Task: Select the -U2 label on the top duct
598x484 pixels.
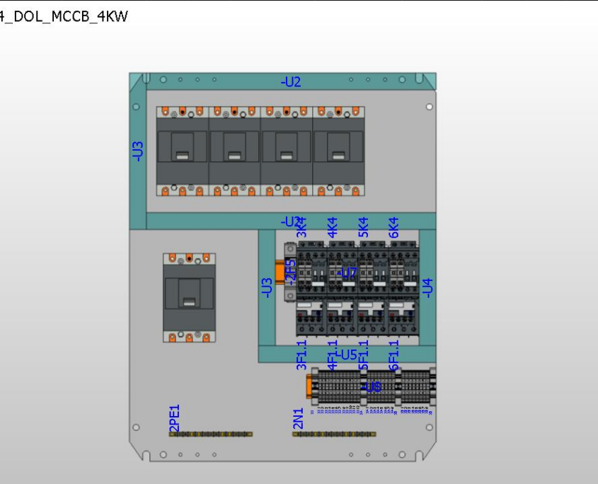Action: click(x=291, y=82)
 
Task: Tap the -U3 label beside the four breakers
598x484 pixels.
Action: click(x=139, y=151)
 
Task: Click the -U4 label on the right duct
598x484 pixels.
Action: click(x=427, y=287)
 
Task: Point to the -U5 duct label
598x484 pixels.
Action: click(x=346, y=355)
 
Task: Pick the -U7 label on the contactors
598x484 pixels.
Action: click(x=347, y=273)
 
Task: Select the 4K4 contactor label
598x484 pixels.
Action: click(x=333, y=226)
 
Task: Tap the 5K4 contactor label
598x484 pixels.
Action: click(x=364, y=226)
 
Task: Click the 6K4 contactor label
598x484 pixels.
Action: click(x=394, y=226)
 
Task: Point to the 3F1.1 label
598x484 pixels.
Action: click(x=302, y=355)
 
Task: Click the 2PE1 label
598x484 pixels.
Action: click(x=175, y=417)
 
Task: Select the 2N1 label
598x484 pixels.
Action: click(x=298, y=418)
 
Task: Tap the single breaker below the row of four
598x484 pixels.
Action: click(x=189, y=298)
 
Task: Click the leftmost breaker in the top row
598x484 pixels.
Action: click(x=182, y=151)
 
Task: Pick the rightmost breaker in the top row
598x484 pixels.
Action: click(x=338, y=151)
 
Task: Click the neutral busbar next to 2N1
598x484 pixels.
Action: click(x=334, y=434)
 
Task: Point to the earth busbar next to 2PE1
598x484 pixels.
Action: click(x=211, y=434)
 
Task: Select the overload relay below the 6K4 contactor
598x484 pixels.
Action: click(x=403, y=317)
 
